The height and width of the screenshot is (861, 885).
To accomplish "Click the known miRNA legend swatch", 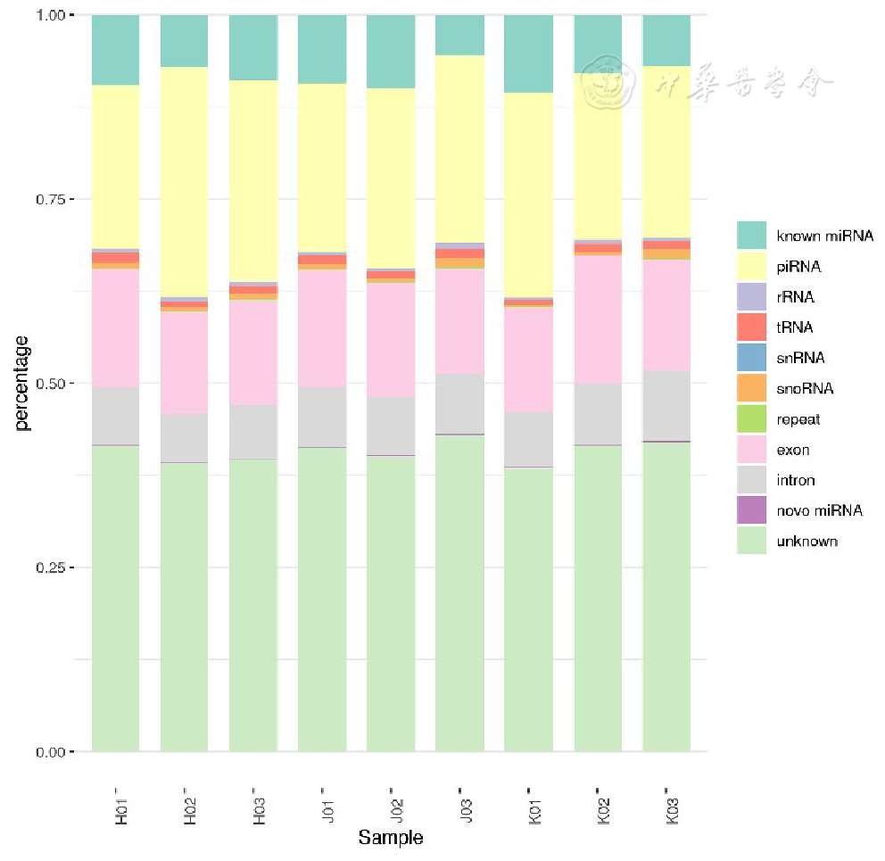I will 750,236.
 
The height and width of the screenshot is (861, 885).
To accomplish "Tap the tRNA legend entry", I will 794,327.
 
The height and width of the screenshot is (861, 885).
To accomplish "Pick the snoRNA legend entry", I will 804,389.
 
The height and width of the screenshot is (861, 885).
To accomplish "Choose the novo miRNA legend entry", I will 819,510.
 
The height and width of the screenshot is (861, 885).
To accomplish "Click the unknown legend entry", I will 806,541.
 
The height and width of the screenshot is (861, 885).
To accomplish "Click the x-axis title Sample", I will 390,838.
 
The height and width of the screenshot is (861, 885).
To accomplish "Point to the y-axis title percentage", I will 21,382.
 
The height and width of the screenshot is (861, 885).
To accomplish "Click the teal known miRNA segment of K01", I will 528,54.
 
